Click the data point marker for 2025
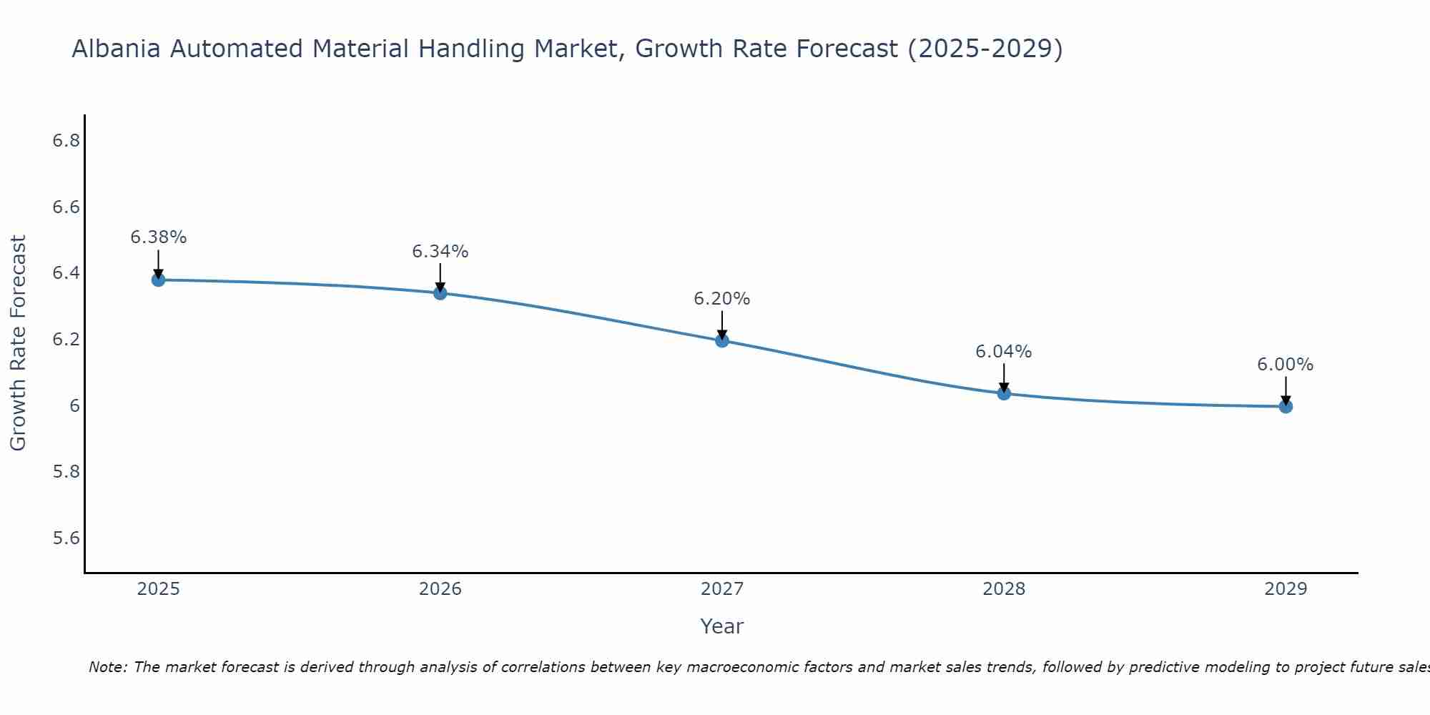point(158,280)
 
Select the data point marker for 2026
point(440,293)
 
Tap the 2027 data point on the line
point(721,340)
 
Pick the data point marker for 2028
point(1003,393)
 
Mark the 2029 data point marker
point(1285,407)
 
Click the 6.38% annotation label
point(158,237)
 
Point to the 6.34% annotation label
point(440,252)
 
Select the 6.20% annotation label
point(721,299)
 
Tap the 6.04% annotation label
point(1003,352)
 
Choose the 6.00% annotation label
point(1285,365)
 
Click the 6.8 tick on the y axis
point(66,141)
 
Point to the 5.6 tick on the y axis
point(66,538)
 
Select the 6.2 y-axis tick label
point(66,340)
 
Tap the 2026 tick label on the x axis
point(440,589)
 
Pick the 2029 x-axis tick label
point(1285,589)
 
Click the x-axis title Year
point(721,626)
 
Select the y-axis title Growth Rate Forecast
point(18,343)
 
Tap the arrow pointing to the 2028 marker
point(1003,378)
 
